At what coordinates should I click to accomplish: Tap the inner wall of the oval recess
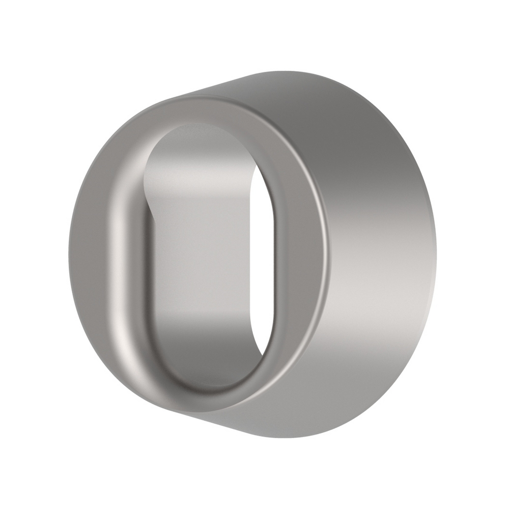click(x=204, y=254)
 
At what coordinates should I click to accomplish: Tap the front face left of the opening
click(x=102, y=254)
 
